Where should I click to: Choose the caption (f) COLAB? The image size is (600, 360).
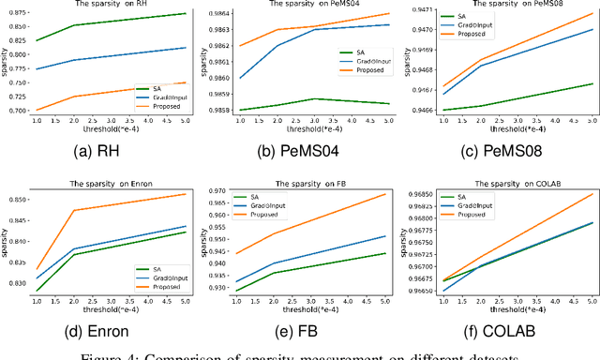(x=502, y=329)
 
